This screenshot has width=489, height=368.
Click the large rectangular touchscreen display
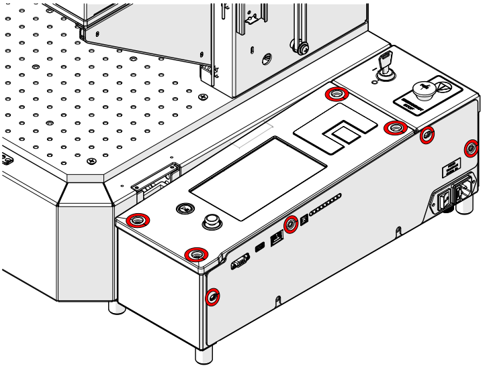click(258, 178)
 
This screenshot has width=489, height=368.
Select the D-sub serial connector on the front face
click(240, 263)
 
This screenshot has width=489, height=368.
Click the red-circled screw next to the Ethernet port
click(291, 224)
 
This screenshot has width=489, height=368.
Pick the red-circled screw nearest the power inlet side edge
click(472, 147)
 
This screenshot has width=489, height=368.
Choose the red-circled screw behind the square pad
click(333, 95)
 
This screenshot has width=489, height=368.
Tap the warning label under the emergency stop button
click(408, 104)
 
